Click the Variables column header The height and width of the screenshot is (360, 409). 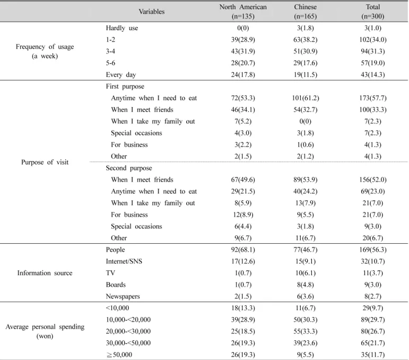152,12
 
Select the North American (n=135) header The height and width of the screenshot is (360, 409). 243,12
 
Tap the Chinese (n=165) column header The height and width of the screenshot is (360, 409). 305,12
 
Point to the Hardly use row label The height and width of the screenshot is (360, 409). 122,28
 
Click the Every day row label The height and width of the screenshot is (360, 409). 121,75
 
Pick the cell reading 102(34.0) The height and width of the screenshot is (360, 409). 373,40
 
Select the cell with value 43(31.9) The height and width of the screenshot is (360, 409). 243,51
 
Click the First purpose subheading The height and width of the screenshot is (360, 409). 125,87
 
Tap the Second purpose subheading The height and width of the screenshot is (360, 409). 129,168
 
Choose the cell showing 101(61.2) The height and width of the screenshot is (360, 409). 305,98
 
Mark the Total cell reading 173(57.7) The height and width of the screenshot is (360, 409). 373,98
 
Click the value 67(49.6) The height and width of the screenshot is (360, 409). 243,179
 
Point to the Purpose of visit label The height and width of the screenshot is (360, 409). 45,162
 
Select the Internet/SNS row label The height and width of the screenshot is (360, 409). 124,261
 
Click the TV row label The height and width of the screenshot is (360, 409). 110,273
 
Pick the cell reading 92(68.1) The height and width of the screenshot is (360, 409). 243,250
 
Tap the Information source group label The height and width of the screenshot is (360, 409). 45,273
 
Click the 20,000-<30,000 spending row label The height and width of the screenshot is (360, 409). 128,331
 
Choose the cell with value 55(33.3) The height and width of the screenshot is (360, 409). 305,331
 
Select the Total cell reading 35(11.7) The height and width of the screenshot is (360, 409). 373,355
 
